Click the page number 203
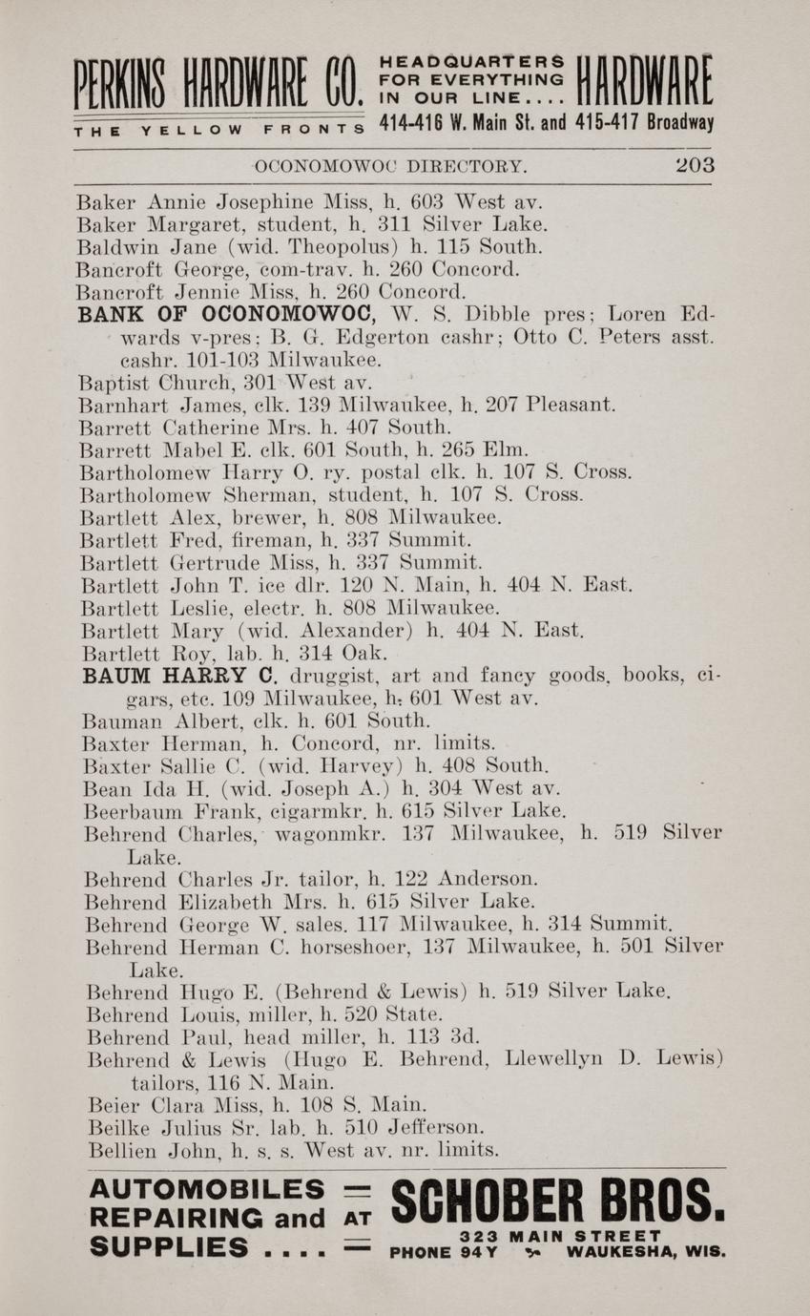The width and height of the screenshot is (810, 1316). (x=695, y=165)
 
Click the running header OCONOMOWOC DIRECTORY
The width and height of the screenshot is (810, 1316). (x=391, y=166)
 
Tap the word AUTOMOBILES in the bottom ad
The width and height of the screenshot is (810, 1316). (x=206, y=1189)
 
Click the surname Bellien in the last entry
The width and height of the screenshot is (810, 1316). (x=120, y=1150)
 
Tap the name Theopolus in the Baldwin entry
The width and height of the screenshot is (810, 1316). (x=315, y=247)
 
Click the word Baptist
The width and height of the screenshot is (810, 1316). (x=113, y=384)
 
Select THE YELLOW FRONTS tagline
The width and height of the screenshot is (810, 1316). (x=219, y=130)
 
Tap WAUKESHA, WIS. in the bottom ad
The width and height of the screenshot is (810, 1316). (x=646, y=1251)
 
